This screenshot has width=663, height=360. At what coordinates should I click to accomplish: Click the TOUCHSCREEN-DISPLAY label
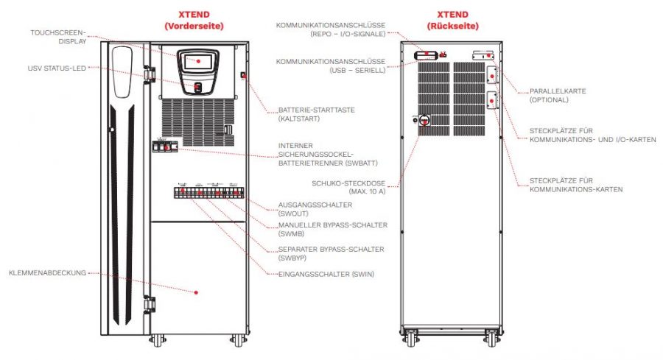[x=58, y=38]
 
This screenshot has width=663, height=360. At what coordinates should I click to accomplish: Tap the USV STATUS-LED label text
[x=57, y=68]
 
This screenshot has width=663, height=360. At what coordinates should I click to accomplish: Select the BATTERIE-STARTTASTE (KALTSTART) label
[x=316, y=115]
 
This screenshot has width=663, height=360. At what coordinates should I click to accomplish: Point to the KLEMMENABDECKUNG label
[x=47, y=273]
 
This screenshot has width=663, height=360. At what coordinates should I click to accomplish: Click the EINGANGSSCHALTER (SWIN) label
[x=326, y=274]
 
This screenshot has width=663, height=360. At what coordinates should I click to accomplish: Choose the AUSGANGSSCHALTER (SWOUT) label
[x=315, y=209]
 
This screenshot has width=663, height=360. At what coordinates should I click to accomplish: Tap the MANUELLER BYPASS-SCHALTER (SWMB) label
[x=332, y=230]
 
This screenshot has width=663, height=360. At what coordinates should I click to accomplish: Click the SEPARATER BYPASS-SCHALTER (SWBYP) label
[x=331, y=253]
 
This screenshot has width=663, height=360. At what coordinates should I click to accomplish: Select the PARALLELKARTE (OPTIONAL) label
[x=558, y=96]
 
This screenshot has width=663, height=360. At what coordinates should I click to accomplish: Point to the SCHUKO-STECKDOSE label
[x=348, y=187]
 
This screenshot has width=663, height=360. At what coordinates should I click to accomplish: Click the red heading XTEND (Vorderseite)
[x=194, y=21]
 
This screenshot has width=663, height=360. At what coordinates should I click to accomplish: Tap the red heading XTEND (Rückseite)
[x=452, y=21]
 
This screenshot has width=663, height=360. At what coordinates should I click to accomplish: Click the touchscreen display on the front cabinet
[x=198, y=61]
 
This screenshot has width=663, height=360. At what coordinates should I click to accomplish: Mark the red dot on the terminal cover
[x=196, y=292]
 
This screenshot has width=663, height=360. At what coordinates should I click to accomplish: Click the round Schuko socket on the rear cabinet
[x=424, y=121]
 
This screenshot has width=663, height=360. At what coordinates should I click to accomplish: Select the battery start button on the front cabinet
[x=243, y=75]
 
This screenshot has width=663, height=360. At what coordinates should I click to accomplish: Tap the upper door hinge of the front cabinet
[x=149, y=73]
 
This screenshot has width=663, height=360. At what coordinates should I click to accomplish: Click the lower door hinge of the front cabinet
[x=150, y=305]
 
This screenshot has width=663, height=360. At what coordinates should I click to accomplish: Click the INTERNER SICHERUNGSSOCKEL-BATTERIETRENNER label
[x=328, y=154]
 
